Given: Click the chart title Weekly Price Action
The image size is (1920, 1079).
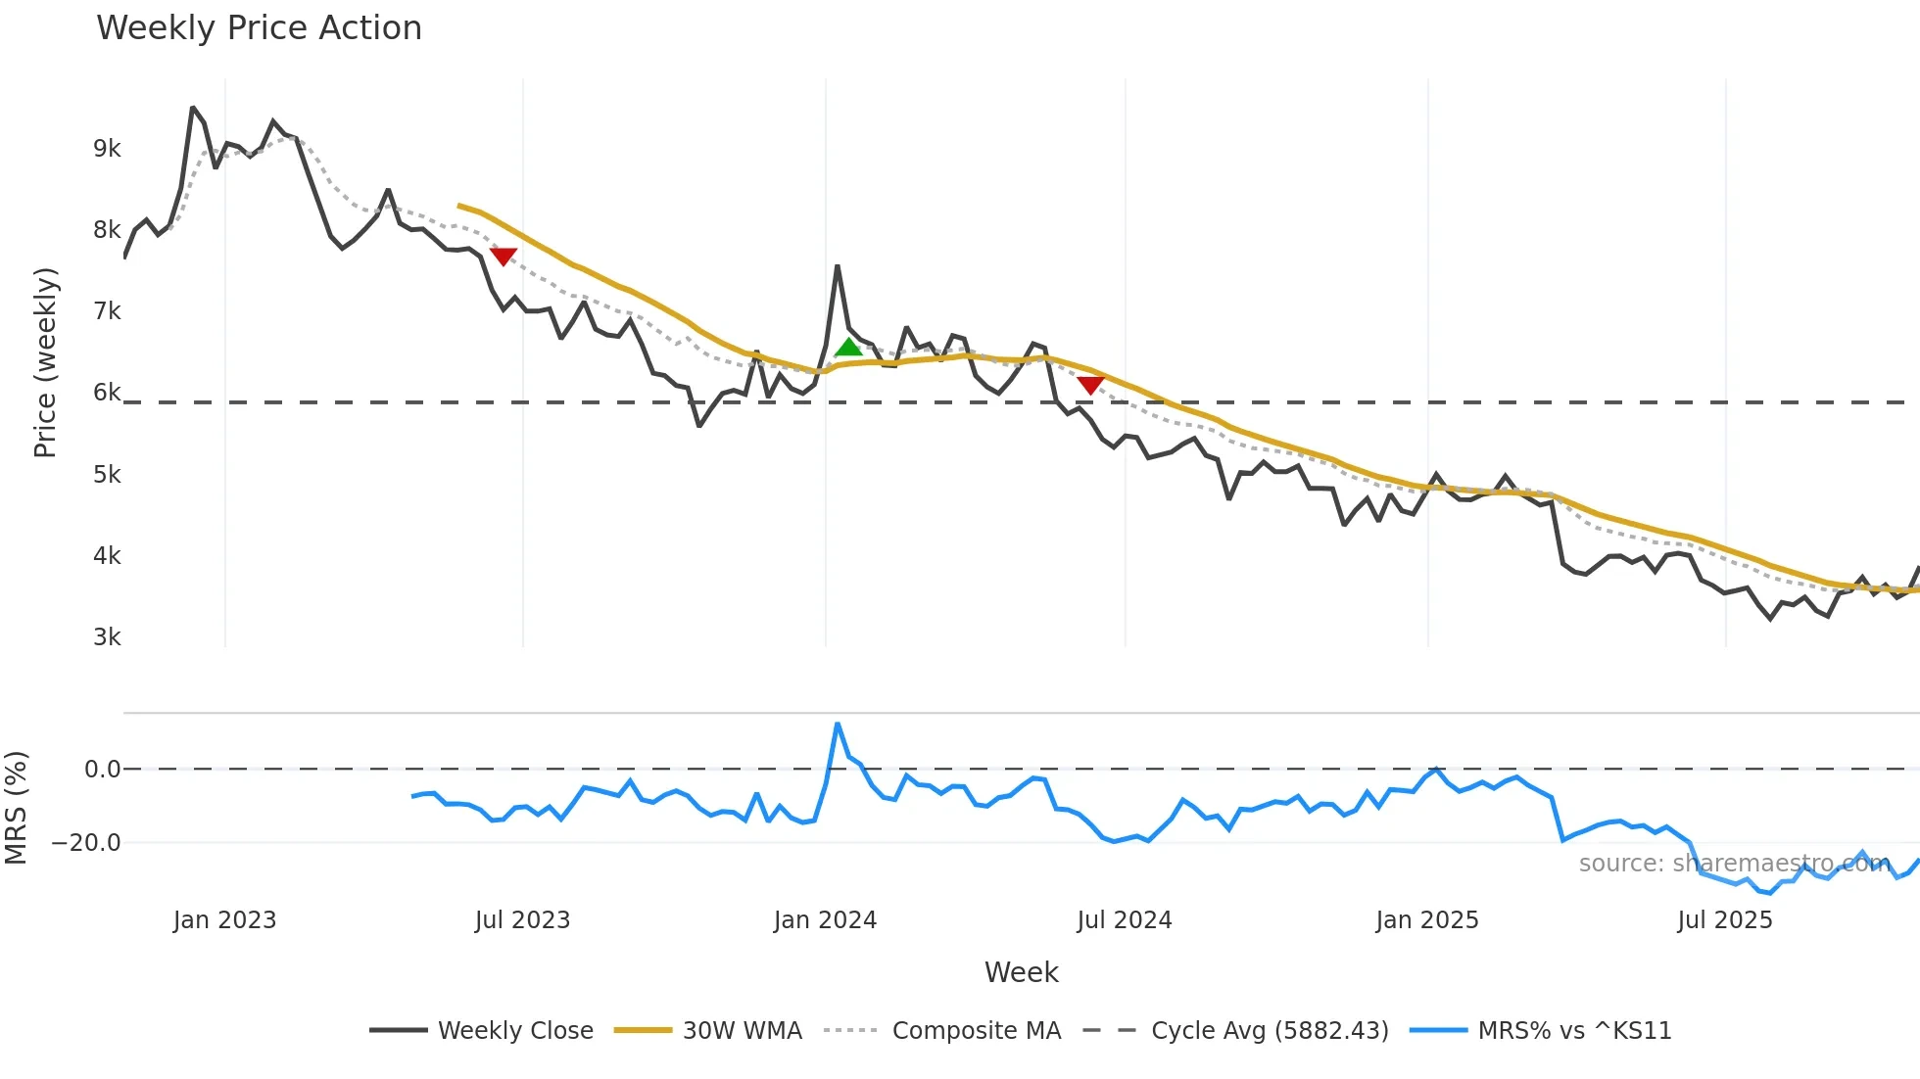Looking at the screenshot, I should tap(259, 28).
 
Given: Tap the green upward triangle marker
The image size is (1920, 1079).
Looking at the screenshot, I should tap(848, 347).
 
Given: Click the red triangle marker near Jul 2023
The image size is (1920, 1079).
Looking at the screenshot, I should tap(503, 257).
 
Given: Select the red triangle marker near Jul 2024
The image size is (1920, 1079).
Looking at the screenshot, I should tap(1090, 386).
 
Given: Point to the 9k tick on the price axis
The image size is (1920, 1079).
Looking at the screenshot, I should tap(107, 149).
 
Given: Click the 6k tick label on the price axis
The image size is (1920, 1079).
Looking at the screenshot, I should tap(107, 393).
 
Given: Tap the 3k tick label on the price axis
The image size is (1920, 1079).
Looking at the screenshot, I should tap(107, 637).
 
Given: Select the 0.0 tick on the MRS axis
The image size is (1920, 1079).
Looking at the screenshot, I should tap(102, 770).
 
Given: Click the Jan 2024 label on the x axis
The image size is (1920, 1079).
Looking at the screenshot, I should tap(825, 920).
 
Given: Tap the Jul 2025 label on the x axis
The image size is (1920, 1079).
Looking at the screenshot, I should tap(1725, 920).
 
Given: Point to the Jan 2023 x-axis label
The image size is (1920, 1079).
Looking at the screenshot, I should tap(224, 920).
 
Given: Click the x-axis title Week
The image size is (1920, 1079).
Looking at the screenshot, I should tap(1021, 972).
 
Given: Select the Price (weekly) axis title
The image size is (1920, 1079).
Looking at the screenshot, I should tap(45, 362).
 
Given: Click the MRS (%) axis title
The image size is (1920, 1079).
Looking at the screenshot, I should tap(16, 808).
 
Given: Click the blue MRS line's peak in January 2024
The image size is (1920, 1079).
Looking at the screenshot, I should tap(838, 725).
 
